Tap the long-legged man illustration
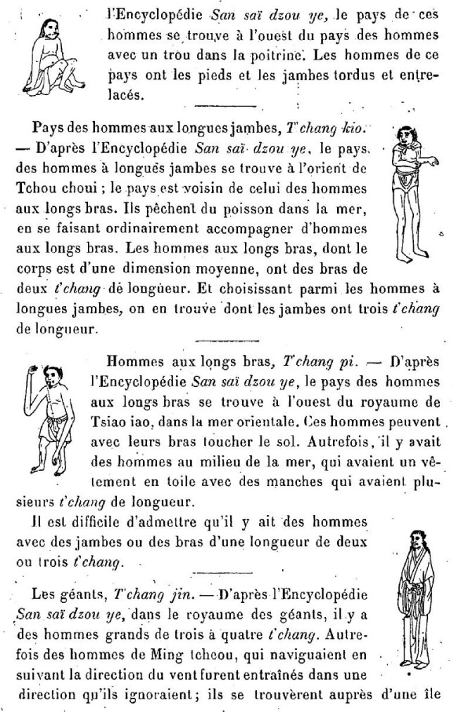coord(415,191)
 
